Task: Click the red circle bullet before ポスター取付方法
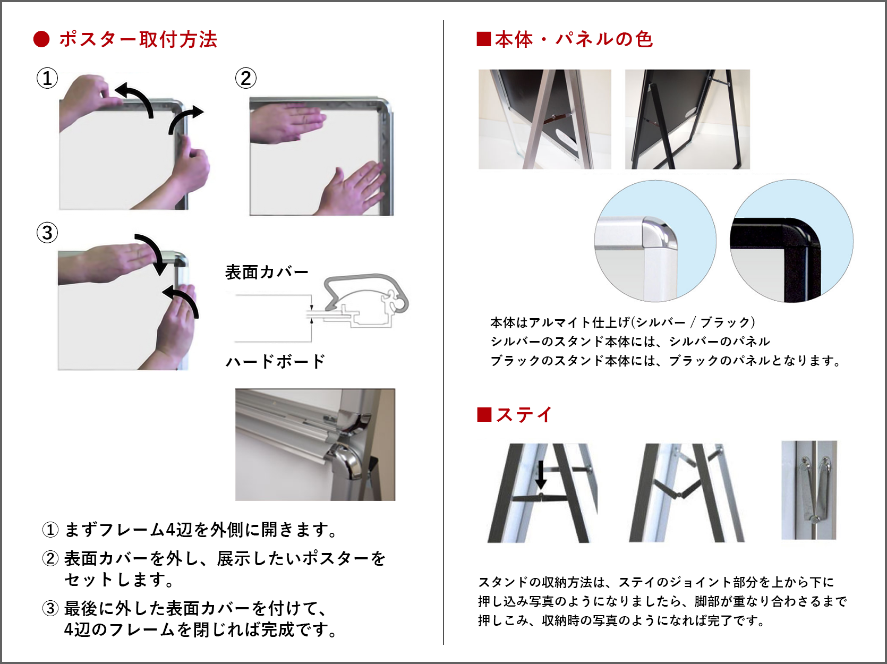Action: coord(41,40)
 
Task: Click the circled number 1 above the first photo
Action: coord(47,78)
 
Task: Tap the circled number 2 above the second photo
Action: coord(246,78)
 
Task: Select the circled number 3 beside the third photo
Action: coord(47,233)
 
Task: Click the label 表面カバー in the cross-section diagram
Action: coord(267,272)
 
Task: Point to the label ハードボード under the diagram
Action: coord(275,361)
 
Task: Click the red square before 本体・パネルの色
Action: coord(484,39)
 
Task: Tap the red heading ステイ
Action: coord(524,415)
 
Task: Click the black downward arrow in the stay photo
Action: coord(541,475)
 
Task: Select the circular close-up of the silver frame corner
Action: coord(655,241)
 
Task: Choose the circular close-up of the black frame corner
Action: coord(792,241)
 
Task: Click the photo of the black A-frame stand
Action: coord(687,119)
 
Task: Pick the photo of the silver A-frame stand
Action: coord(545,119)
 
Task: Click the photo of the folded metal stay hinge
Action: coord(808,490)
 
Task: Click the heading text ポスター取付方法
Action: coord(138,40)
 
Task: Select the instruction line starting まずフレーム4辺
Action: coord(190,530)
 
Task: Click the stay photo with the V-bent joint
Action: coord(687,493)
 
